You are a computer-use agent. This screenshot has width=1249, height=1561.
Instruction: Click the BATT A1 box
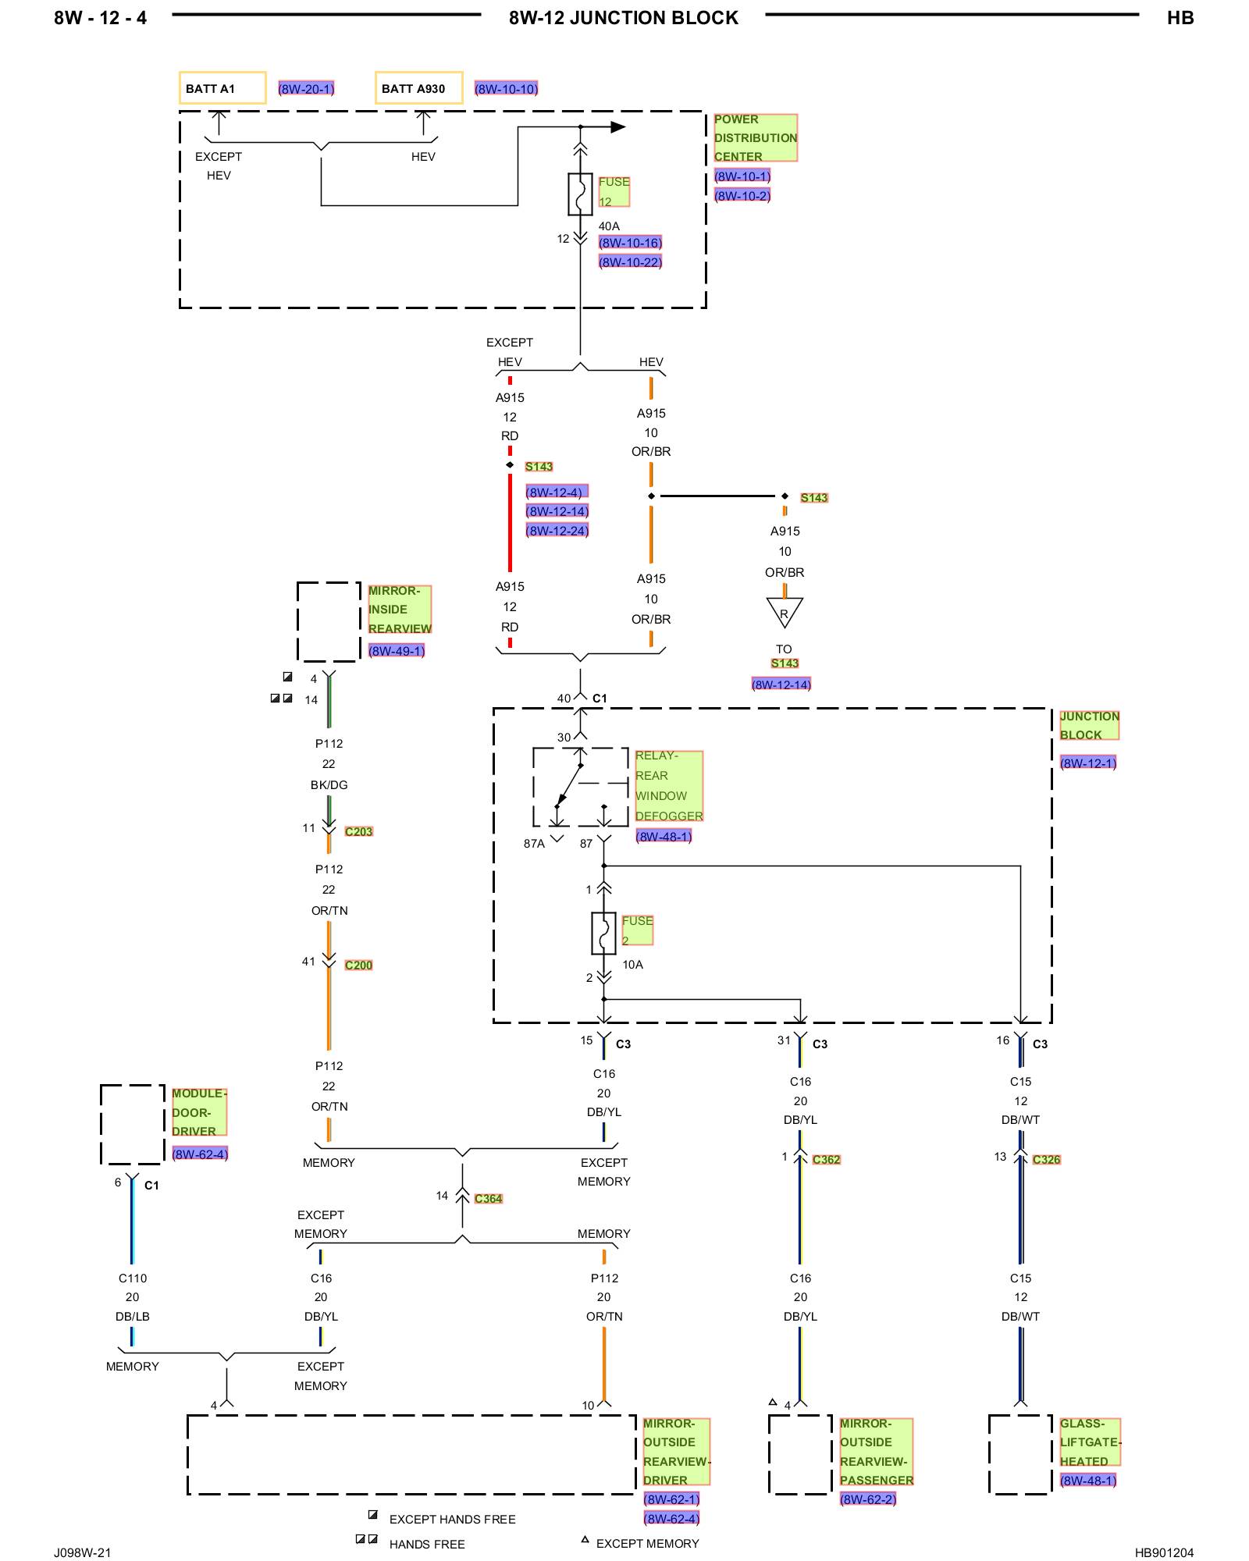click(x=222, y=88)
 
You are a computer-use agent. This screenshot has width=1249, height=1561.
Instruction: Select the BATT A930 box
click(x=418, y=88)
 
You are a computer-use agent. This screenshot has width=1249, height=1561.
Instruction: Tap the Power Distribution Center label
click(x=755, y=138)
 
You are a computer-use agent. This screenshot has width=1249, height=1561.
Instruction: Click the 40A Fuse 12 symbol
click(x=580, y=194)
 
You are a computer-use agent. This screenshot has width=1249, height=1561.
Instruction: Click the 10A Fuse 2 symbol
click(x=603, y=933)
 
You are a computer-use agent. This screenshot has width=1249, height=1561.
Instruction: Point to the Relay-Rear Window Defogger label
click(x=669, y=786)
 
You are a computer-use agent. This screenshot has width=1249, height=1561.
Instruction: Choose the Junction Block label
click(x=1089, y=726)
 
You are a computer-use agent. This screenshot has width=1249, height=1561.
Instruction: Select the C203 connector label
click(x=359, y=832)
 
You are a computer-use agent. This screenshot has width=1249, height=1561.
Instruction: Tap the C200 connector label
click(x=359, y=965)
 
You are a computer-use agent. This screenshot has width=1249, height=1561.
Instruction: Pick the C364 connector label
click(x=489, y=1199)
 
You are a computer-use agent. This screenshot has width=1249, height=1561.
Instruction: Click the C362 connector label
click(x=827, y=1160)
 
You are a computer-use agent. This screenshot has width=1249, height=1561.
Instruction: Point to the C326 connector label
click(x=1047, y=1160)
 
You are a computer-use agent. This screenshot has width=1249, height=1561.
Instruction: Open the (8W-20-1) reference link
click(x=306, y=89)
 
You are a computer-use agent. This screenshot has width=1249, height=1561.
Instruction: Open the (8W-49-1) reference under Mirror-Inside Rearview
click(x=397, y=651)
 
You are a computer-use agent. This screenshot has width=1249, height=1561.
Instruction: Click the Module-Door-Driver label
click(x=199, y=1112)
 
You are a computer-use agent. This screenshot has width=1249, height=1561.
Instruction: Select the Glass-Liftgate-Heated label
click(x=1090, y=1442)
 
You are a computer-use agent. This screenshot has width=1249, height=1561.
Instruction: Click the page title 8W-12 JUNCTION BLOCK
click(x=624, y=18)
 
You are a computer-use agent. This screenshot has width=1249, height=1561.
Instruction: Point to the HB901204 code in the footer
click(x=1164, y=1552)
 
